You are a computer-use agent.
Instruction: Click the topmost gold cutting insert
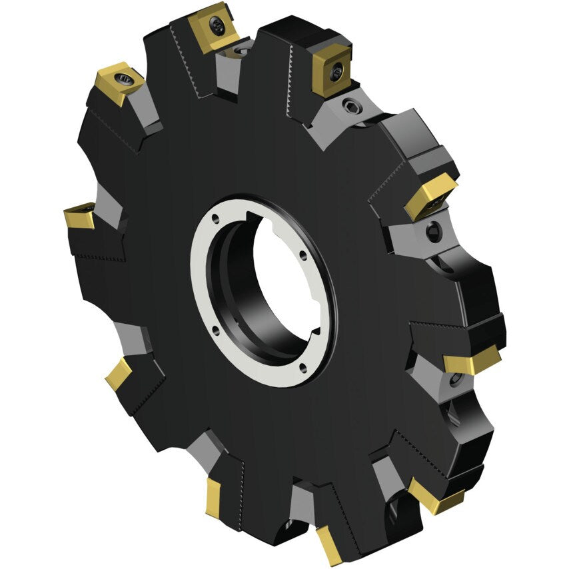215,27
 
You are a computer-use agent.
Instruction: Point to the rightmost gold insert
472,362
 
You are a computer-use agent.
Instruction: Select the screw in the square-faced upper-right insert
338,69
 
